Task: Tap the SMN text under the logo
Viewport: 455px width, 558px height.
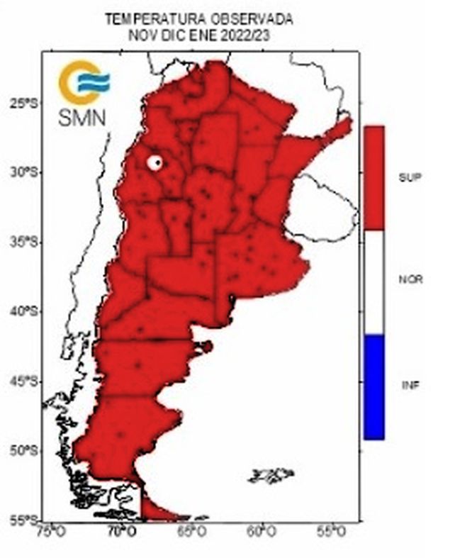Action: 83,117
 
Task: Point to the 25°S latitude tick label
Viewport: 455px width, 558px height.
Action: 24,103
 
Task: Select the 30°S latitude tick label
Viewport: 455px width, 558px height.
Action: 24,172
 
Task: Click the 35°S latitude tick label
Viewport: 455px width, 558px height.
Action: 24,242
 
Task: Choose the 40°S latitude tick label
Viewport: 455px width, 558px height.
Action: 24,312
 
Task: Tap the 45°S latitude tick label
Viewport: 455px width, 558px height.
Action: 24,382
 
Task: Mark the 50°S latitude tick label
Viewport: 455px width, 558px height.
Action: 24,451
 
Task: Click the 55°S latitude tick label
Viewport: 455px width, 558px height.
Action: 24,520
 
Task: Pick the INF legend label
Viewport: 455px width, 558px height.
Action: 410,385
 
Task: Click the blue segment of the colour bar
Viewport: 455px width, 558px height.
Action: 373,386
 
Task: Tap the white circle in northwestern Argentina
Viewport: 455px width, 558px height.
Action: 155,162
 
